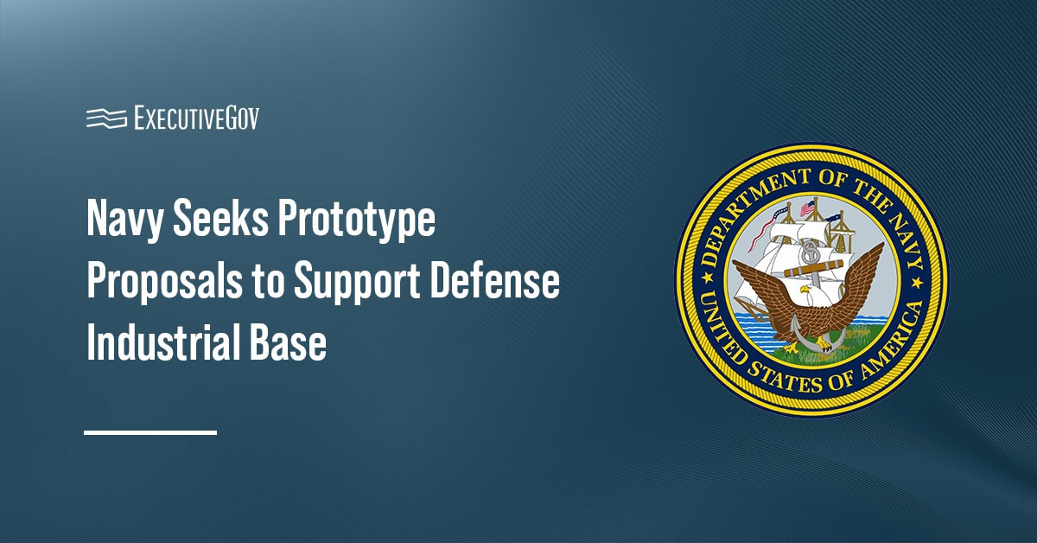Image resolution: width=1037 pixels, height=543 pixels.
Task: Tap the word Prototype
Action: (x=356, y=219)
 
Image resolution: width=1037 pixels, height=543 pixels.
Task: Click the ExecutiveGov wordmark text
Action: (x=197, y=118)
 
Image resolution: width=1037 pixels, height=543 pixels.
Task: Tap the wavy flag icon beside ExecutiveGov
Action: (x=106, y=118)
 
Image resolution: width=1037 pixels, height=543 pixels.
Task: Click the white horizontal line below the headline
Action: (x=150, y=432)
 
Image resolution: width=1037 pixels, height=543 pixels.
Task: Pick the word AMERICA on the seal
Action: (x=894, y=339)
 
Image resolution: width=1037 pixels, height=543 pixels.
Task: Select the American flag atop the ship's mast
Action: (x=807, y=208)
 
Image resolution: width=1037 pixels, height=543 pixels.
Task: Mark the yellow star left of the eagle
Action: (x=707, y=278)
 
